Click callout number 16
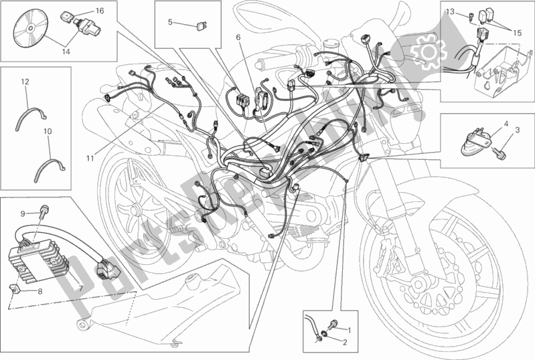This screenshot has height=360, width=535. (99, 11)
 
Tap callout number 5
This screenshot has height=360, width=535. (170, 22)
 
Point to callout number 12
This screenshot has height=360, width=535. (24, 82)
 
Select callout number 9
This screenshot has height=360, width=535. (21, 213)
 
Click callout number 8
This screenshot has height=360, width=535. (40, 291)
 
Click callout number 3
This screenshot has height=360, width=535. (517, 138)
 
